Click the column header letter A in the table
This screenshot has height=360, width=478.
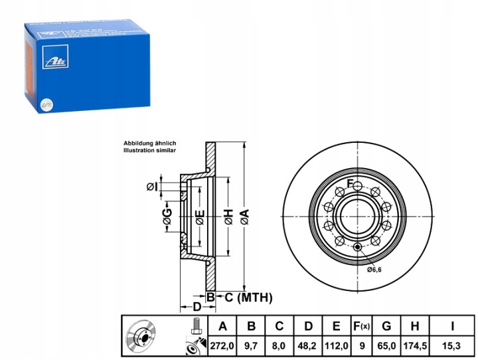[x=222, y=326]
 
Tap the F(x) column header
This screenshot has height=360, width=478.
[x=361, y=326]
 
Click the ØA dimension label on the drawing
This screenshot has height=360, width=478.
[x=244, y=215]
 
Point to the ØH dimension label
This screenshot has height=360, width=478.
[x=228, y=215]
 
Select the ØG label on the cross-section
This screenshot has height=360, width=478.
[x=167, y=215]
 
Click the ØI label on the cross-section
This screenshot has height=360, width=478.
[x=152, y=187]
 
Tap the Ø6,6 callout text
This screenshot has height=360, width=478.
[x=376, y=270]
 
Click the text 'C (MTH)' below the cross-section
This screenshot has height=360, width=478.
[x=245, y=298]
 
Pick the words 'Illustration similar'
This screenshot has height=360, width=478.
[x=150, y=151]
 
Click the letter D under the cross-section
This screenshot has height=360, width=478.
[x=197, y=307]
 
